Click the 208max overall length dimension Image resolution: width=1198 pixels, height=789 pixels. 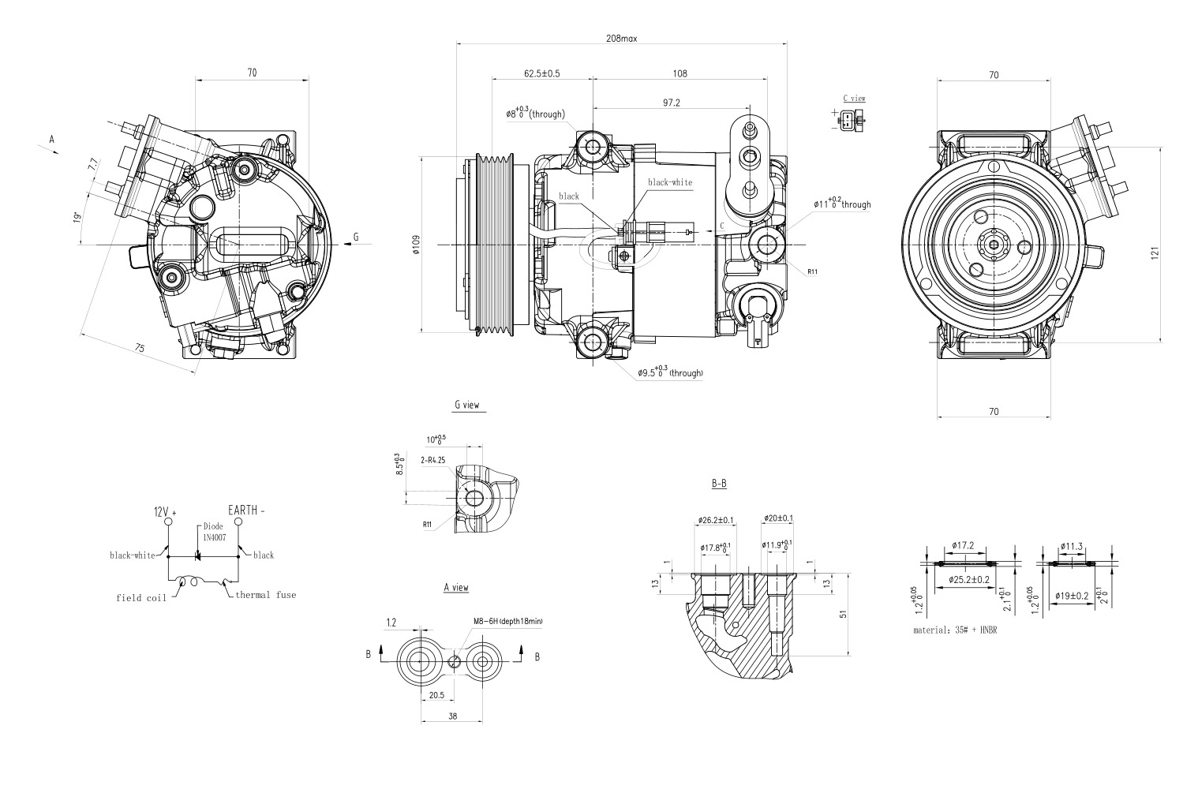coord(621,38)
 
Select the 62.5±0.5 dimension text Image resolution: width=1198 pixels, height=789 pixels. coord(541,73)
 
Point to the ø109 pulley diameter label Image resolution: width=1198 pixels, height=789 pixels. coord(415,245)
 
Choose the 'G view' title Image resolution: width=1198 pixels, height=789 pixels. coord(466,405)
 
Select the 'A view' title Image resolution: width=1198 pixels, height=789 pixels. coord(455,587)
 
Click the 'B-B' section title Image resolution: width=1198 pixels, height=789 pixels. coord(718,483)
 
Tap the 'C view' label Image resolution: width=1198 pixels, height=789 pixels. coord(853,98)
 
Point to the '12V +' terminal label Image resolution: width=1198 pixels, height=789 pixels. coord(165,511)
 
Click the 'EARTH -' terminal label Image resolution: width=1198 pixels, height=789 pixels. coord(246,510)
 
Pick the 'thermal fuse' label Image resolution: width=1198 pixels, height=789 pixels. coord(265,594)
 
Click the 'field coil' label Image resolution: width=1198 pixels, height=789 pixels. coord(141,597)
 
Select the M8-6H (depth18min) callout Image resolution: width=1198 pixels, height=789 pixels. coord(507,621)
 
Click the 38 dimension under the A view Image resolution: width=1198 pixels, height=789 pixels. coord(452,716)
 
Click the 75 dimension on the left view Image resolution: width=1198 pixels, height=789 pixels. coord(139,348)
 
